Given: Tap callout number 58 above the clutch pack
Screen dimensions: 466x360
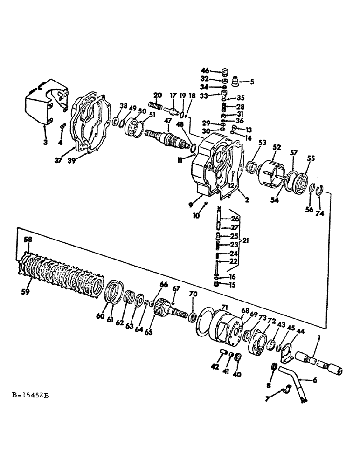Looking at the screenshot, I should [x=28, y=240].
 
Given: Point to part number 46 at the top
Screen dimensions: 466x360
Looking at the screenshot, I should [x=218, y=71].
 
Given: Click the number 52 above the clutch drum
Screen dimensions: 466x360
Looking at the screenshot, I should [x=277, y=147].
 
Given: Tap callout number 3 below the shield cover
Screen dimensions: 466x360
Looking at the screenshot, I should [x=45, y=143].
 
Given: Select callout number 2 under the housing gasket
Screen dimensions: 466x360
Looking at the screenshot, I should [x=247, y=200].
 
